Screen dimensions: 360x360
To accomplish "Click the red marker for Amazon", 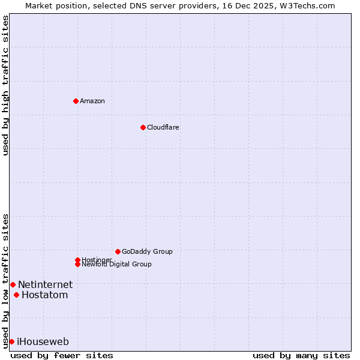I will [76, 101].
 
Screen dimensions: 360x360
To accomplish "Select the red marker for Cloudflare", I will [143, 127].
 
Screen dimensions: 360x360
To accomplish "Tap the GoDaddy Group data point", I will [118, 251].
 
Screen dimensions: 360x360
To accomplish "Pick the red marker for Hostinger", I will [77, 260].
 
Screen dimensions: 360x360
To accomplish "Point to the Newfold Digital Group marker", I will [77, 264].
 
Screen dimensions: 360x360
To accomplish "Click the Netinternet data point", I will [13, 284].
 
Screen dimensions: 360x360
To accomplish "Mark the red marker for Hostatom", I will [16, 295].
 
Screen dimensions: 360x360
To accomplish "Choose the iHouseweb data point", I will [11, 341].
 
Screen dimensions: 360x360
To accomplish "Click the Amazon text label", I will [92, 101].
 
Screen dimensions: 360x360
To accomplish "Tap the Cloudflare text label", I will [163, 127].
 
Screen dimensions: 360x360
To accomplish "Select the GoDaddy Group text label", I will [147, 251].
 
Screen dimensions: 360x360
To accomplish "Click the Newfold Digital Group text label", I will [117, 265].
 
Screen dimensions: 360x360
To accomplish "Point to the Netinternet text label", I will [45, 284].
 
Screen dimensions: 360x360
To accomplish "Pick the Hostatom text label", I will [44, 295].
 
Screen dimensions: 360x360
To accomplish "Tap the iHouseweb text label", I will [43, 341].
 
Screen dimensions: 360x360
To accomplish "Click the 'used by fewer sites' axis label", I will [62, 355].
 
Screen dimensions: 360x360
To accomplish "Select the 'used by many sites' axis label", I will [301, 355].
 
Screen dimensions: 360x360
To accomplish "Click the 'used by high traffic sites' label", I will [6, 85].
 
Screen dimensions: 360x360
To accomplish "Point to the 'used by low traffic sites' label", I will [6, 281].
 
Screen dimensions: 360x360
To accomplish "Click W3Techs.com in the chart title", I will [306, 5].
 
